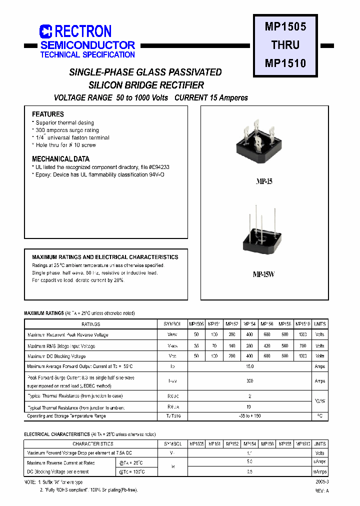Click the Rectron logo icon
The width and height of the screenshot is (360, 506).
click(x=46, y=31)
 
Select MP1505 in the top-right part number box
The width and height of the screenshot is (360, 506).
click(x=285, y=26)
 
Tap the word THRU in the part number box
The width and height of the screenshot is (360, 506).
click(x=285, y=45)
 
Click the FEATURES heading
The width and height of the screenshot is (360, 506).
click(x=48, y=114)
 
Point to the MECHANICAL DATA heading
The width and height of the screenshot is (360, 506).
click(x=61, y=159)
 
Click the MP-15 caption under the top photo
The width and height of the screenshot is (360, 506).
click(x=264, y=182)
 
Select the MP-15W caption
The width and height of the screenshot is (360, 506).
click(x=264, y=274)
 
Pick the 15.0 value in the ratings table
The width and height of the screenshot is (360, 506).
click(x=250, y=366)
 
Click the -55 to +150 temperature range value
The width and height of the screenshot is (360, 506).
click(x=250, y=416)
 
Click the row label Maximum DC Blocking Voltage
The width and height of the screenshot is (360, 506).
click(x=56, y=356)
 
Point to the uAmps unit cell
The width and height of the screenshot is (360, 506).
click(x=319, y=462)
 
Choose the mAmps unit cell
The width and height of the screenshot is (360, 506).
click(x=319, y=471)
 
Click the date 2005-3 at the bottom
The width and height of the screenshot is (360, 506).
click(x=322, y=481)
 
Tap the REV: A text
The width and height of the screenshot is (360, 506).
click(x=321, y=490)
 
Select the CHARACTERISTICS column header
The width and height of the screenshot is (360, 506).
click(x=92, y=444)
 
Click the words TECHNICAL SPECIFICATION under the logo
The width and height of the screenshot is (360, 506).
click(x=87, y=54)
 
